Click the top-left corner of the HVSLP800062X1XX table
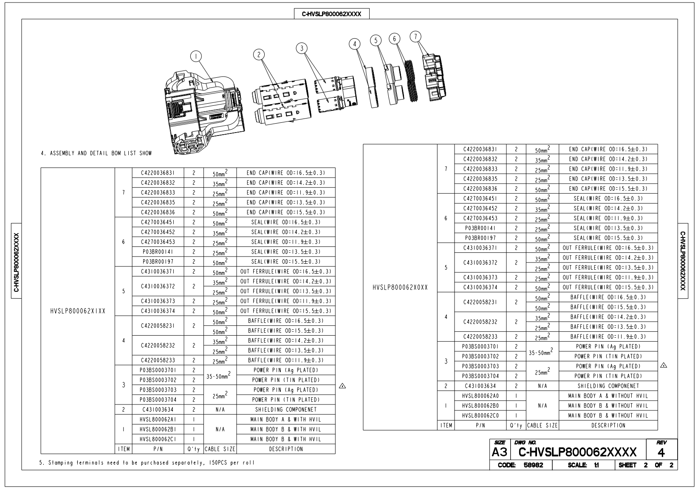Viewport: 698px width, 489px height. [x=41, y=168]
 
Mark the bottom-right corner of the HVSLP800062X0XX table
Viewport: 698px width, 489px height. [x=658, y=430]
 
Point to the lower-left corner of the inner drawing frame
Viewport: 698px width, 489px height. [x=22, y=470]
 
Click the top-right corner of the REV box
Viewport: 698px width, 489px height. [x=678, y=439]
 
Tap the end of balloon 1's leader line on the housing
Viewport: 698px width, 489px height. [x=213, y=82]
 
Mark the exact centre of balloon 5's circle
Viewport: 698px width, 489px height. [x=376, y=40]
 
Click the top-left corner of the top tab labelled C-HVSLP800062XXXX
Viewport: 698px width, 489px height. [x=294, y=9]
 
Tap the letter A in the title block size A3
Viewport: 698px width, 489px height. [x=496, y=452]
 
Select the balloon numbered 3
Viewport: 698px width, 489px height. [x=302, y=48]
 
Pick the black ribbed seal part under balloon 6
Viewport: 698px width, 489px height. [x=411, y=81]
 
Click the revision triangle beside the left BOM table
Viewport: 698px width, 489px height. [x=342, y=386]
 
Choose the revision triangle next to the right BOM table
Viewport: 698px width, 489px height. [x=664, y=365]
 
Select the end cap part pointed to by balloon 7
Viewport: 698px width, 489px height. [x=434, y=78]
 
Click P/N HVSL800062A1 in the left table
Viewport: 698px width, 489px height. [x=158, y=419]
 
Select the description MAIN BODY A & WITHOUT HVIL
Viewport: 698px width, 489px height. [x=608, y=396]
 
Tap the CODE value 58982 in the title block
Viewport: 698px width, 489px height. [x=533, y=465]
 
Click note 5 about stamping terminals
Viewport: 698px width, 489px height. [x=147, y=463]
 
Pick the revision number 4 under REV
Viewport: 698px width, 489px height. [x=661, y=452]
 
